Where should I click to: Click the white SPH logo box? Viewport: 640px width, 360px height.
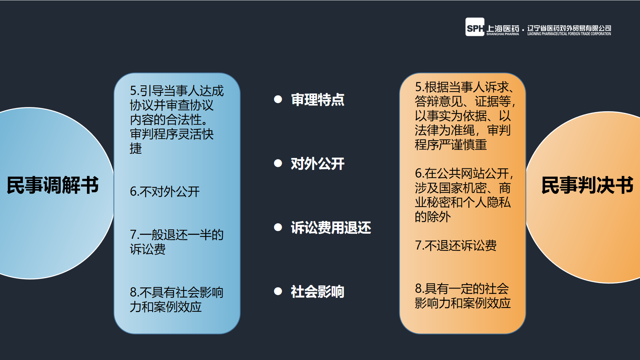[x=475, y=27]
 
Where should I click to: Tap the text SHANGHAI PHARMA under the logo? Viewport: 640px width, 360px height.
[x=502, y=34]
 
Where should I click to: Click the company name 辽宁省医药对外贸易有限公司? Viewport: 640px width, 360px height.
[x=569, y=28]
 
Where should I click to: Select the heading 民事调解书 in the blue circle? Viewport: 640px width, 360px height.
[x=53, y=185]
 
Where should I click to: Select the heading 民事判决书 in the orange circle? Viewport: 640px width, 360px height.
[x=587, y=185]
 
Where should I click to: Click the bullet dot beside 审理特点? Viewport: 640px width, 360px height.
[x=278, y=99]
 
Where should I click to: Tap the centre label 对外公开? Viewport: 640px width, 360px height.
[x=317, y=164]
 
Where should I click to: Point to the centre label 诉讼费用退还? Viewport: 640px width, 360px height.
[x=331, y=228]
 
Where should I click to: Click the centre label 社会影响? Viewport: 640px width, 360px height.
[x=317, y=292]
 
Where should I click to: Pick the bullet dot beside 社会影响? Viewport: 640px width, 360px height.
[x=278, y=291]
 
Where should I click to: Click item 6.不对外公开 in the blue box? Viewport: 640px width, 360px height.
[x=165, y=192]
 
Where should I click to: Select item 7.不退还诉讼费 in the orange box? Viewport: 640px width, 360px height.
[x=456, y=245]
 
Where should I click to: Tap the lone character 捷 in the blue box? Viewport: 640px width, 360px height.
[x=136, y=148]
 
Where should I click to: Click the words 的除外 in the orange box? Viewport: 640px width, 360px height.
[x=433, y=217]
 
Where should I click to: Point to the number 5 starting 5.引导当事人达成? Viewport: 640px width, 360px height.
[x=133, y=91]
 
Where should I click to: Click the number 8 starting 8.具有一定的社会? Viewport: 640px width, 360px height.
[x=418, y=289]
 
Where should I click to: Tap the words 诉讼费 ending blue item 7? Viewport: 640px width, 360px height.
[x=148, y=249]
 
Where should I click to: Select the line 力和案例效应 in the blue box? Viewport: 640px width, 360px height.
[x=166, y=307]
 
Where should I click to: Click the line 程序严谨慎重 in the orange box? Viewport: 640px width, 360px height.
[x=451, y=144]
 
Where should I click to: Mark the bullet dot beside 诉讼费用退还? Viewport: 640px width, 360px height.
[x=278, y=227]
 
